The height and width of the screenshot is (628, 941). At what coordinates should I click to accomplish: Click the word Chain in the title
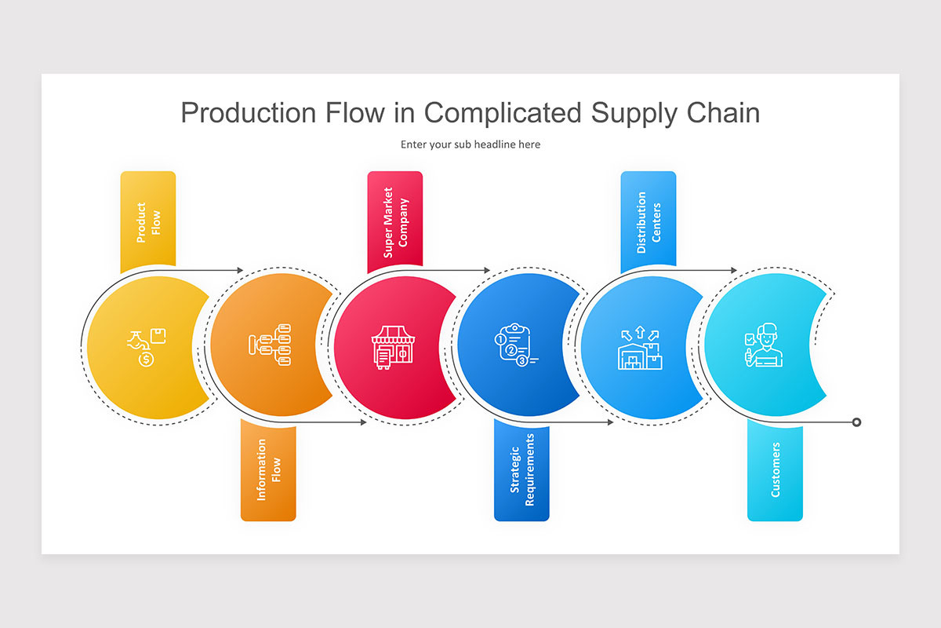(721, 113)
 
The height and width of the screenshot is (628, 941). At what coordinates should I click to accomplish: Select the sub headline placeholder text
(470, 144)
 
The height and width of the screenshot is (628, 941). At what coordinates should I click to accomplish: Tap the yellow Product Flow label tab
(147, 221)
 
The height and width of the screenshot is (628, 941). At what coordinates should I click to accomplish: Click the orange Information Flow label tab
(268, 471)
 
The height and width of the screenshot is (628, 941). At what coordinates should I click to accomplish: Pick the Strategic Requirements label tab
(521, 469)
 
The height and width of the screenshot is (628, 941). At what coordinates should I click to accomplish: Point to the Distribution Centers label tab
(649, 221)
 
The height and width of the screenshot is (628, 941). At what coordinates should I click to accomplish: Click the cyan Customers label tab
(775, 469)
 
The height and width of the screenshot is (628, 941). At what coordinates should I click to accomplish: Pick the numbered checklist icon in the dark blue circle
(516, 345)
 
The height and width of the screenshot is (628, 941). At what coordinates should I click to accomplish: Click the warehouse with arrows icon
(640, 347)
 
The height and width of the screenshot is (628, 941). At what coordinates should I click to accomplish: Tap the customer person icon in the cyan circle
(761, 345)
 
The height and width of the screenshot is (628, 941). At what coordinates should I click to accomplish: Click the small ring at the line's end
(856, 422)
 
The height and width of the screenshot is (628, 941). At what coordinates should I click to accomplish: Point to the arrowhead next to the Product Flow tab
(241, 270)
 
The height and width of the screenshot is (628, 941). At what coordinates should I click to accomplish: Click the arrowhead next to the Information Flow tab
(362, 422)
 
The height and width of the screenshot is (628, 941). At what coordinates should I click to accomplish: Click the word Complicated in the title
(503, 113)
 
